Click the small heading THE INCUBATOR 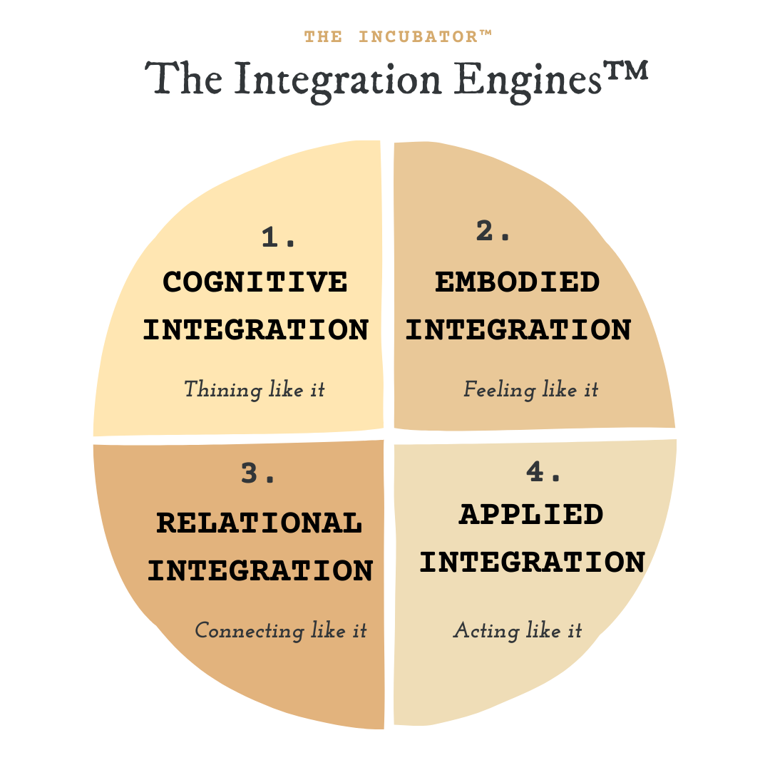[398, 36]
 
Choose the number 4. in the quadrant [544, 471]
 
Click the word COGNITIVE [255, 282]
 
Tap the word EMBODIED [518, 282]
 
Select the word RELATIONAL [259, 523]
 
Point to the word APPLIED [531, 515]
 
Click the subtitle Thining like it [255, 390]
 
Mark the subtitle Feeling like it [531, 390]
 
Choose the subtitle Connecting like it [281, 631]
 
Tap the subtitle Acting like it [518, 631]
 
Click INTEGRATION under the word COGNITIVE [256, 330]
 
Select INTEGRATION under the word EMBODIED [518, 330]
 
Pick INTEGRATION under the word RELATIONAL [260, 571]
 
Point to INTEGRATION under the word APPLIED [532, 563]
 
